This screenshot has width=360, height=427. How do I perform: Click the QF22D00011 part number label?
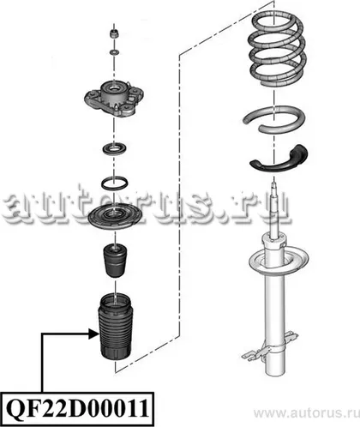(x=77, y=409)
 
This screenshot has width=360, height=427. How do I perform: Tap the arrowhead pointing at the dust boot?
(x=94, y=334)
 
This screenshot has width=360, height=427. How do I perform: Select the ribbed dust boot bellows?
(x=115, y=327)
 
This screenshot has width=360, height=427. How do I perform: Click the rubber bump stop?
(x=115, y=261)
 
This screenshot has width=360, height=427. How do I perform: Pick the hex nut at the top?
(x=115, y=33)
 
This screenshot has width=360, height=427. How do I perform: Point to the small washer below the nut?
(x=115, y=52)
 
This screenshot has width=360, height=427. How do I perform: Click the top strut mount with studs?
(x=114, y=98)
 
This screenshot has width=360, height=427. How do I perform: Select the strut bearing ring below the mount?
(x=115, y=149)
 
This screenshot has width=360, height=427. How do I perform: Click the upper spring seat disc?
(x=115, y=217)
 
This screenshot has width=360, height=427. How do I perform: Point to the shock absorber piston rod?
(x=275, y=208)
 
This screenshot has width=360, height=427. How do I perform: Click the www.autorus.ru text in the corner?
(x=306, y=413)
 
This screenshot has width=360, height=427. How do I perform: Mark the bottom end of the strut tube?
(x=275, y=372)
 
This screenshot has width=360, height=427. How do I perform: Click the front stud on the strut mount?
(x=117, y=108)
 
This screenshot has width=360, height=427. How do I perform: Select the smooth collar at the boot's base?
(x=115, y=353)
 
